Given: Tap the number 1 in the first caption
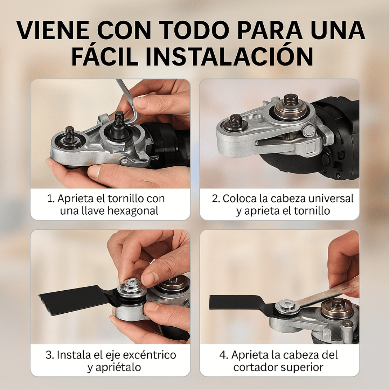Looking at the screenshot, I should click(50, 198).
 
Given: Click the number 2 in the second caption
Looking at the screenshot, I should click(215, 198).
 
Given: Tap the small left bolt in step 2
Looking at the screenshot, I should click(236, 122).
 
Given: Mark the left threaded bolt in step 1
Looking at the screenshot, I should click(70, 137).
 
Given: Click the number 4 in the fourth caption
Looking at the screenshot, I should click(223, 355).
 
